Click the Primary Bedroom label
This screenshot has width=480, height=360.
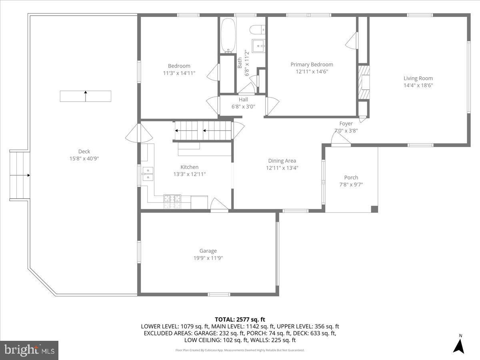tap(312, 64)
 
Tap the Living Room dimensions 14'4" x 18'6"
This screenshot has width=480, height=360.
tap(418, 85)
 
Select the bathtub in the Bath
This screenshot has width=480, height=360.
tap(229, 36)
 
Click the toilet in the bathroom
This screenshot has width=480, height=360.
tap(256, 29)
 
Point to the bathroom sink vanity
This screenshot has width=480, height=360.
tap(259, 44)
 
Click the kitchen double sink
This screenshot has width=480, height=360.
tap(147, 173)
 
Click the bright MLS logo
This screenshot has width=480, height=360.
tap(29, 350)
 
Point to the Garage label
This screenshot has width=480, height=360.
tap(208, 251)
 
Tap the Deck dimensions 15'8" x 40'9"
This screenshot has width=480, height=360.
tap(84, 158)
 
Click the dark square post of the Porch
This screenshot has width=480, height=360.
tap(374, 209)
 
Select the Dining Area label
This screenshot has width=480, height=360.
tap(282, 161)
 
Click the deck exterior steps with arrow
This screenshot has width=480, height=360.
tap(20, 175)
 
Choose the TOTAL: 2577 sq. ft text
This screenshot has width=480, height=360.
tap(240, 319)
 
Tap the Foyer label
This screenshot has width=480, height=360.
tap(346, 124)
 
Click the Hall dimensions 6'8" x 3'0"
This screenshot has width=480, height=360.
tap(243, 106)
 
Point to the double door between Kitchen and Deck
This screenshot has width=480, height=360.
tap(139, 133)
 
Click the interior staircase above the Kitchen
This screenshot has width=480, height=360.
tap(204, 130)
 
